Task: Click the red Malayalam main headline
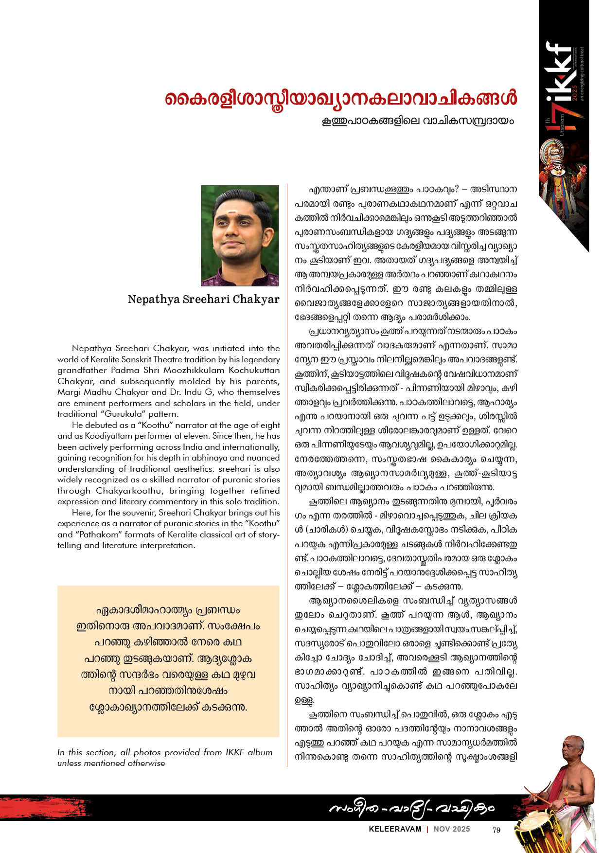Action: coord(340,98)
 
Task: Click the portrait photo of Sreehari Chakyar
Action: coord(240,235)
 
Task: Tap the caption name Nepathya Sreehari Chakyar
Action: coord(204,299)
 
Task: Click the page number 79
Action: coord(496,830)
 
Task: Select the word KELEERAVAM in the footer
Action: coord(395,829)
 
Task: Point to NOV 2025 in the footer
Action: coord(452,829)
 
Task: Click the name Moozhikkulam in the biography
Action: coord(189,370)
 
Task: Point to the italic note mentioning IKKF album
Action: coord(164,758)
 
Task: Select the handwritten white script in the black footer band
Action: coord(411,808)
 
